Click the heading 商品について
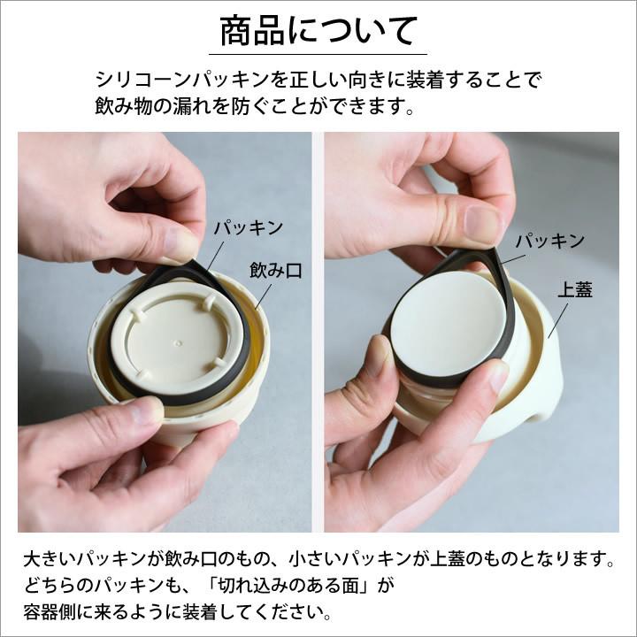tap(318, 32)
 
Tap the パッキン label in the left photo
tap(248, 227)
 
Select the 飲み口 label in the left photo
tap(275, 271)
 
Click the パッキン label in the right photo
tap(549, 240)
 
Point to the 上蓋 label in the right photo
tap(575, 289)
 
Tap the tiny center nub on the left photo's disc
tap(179, 342)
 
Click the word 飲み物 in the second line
tap(129, 107)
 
